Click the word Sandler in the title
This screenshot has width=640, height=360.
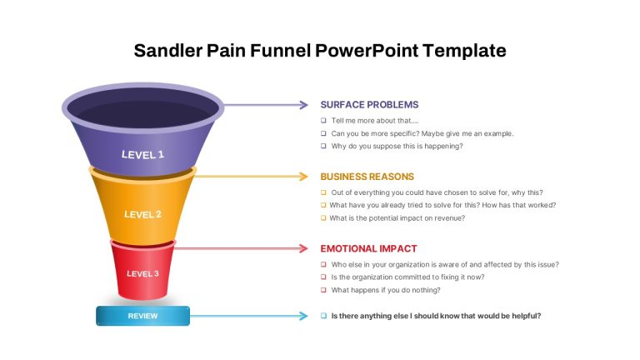tap(167, 51)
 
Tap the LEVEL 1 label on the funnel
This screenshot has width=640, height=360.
tap(142, 155)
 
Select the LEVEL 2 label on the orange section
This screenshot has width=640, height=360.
tap(142, 214)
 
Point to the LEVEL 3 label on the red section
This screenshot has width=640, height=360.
tap(142, 273)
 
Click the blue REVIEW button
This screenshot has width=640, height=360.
tap(142, 316)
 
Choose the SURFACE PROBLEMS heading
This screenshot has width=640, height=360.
tap(369, 105)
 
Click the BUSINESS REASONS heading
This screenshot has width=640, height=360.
tap(367, 177)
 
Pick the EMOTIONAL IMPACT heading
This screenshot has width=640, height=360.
tap(368, 248)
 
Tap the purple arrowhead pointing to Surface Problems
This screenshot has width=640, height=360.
tap(304, 105)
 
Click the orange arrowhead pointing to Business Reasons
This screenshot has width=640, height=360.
tap(304, 177)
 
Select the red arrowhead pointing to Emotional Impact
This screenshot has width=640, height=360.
tap(304, 248)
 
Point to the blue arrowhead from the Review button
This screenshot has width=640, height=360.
tap(304, 316)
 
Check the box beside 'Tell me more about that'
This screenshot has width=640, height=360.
tap(323, 120)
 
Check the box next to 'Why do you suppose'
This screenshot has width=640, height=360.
tap(323, 146)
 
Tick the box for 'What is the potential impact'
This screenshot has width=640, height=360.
tap(323, 218)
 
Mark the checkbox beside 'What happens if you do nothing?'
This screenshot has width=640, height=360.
tap(323, 290)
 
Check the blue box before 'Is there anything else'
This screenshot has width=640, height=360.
tap(323, 316)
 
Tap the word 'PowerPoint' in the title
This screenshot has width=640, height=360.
tap(367, 51)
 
